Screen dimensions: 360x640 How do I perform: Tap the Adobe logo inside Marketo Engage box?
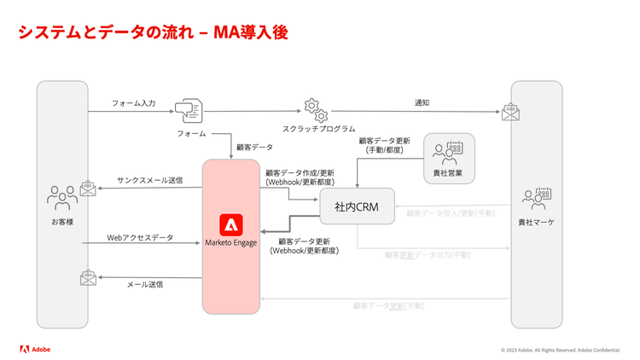[x=231, y=225]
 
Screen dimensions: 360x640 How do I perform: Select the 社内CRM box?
[x=357, y=206]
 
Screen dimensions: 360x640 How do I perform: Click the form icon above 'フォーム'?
[x=188, y=112]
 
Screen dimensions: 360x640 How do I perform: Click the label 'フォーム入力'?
[x=133, y=102]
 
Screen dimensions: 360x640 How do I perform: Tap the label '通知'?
[x=422, y=102]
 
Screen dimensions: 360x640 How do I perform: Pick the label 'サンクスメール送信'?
[x=147, y=181]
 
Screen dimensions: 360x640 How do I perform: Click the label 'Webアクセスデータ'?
[x=140, y=237]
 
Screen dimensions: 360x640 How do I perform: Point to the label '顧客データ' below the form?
[x=254, y=147]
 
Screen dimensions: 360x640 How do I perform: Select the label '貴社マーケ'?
[x=536, y=222]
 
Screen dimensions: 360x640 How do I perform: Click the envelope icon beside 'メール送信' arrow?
[x=88, y=277]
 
